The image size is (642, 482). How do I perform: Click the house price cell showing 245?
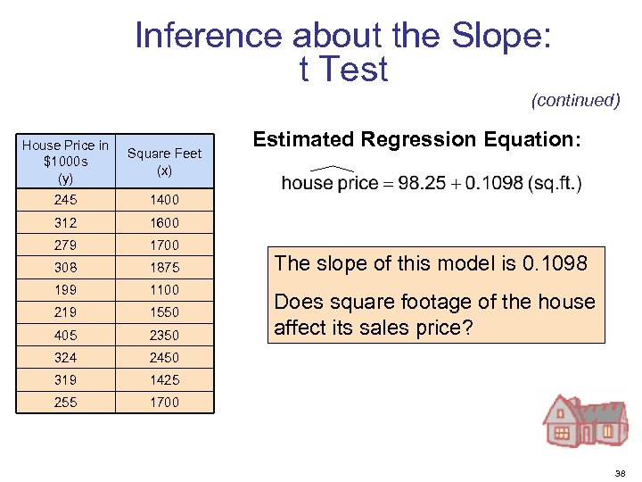[66, 200]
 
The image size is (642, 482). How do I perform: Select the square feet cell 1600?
[165, 222]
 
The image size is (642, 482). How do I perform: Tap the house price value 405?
[66, 335]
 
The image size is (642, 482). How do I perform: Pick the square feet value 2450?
[165, 357]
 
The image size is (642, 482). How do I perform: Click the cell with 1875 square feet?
[165, 267]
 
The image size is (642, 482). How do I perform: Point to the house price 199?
[66, 289]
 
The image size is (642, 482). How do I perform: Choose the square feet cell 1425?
[165, 379]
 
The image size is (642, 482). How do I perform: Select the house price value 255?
[66, 402]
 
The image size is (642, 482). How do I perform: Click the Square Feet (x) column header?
[165, 161]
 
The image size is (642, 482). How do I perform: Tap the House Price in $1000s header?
[66, 161]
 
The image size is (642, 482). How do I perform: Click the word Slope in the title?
[500, 37]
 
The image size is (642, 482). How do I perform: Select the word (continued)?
[575, 100]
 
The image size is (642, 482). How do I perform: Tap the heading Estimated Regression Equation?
[416, 139]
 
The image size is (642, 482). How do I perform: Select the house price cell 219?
[66, 312]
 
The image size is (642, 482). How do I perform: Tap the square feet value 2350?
[165, 335]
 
